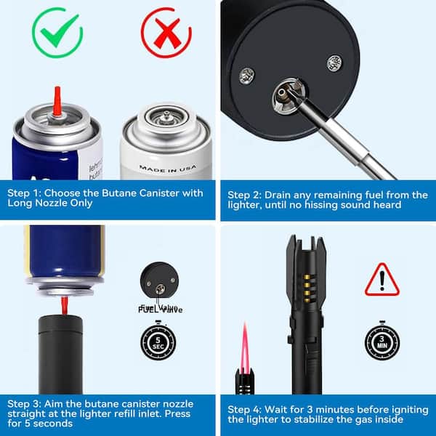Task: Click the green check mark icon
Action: pos(57,32)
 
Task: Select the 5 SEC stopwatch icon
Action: pos(158,340)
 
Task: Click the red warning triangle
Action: pos(381,279)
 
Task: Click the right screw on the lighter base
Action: pos(334,63)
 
